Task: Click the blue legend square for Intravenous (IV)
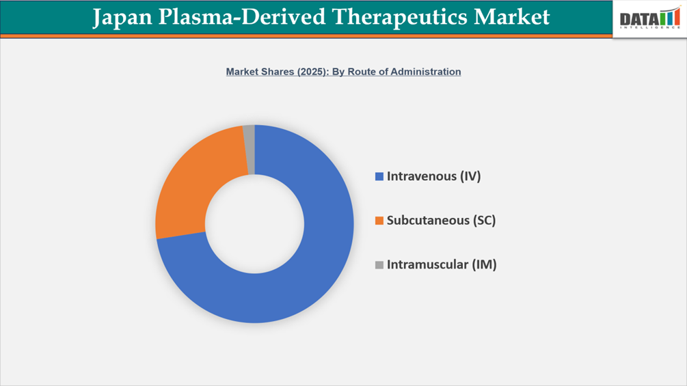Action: pyautogui.click(x=379, y=177)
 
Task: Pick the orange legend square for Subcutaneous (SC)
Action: pyautogui.click(x=379, y=221)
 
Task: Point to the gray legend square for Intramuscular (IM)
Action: pyautogui.click(x=379, y=265)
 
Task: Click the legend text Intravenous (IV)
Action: pyautogui.click(x=434, y=176)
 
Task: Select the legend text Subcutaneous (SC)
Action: pyautogui.click(x=441, y=221)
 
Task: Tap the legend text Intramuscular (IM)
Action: pyautogui.click(x=442, y=264)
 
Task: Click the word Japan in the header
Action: pyautogui.click(x=121, y=16)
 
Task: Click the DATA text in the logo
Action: pyautogui.click(x=638, y=20)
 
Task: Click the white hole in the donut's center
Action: pyautogui.click(x=254, y=223)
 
